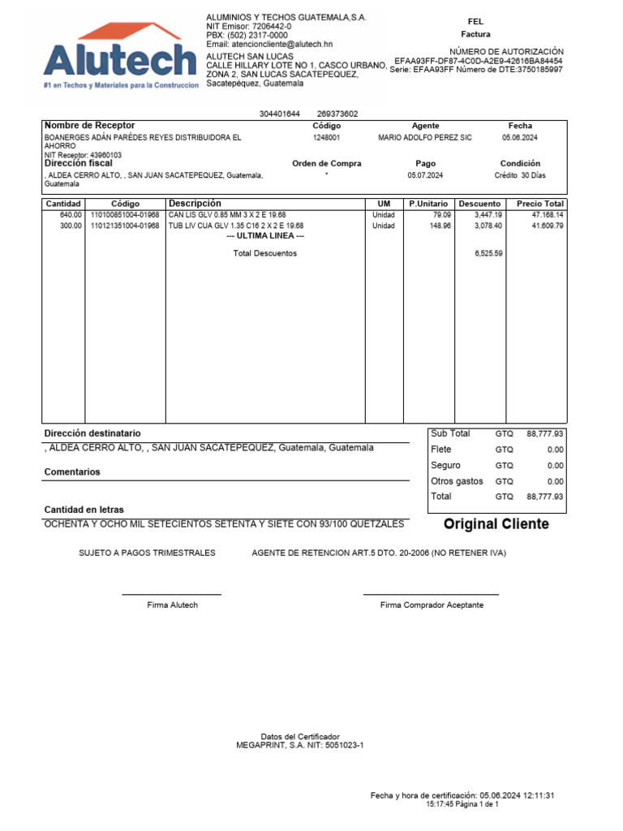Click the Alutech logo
click(x=120, y=57)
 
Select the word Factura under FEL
click(x=475, y=35)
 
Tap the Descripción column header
click(x=195, y=203)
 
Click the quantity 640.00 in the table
click(x=71, y=214)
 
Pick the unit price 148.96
click(x=430, y=226)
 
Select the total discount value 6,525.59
click(x=488, y=253)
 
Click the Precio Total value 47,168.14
click(x=547, y=214)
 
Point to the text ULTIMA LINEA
click(x=265, y=236)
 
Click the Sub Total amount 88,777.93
click(x=544, y=434)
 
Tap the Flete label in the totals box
click(x=441, y=450)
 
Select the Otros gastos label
click(x=457, y=481)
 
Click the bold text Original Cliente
click(x=496, y=524)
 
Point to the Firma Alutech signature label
click(x=172, y=605)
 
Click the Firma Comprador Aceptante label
click(x=432, y=605)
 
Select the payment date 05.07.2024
click(x=425, y=175)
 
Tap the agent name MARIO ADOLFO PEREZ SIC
click(x=425, y=138)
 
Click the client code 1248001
click(x=327, y=138)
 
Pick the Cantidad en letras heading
click(x=84, y=510)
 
